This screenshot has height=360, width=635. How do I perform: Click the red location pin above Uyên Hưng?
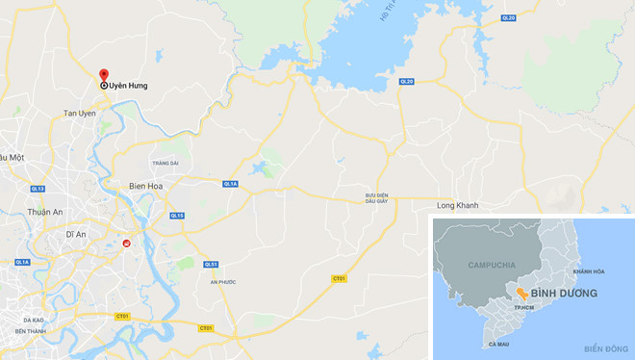pos(104,74)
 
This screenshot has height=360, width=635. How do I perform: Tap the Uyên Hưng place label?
pos(127,86)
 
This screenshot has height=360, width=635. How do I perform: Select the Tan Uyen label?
pos(79,114)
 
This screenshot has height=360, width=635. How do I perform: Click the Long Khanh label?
pos(457,205)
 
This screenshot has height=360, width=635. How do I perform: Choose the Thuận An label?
pos(45,212)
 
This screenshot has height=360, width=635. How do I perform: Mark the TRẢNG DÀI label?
pos(165,164)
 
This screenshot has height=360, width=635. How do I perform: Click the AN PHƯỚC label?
pos(224,281)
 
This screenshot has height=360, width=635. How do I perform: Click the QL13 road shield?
pos(38,189)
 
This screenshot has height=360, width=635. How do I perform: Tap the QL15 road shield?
pos(177,216)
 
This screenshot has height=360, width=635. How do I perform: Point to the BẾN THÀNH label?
pos(31,330)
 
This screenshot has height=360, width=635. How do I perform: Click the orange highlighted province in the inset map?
pos(520,292)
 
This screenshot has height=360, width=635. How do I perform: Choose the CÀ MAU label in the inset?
pos(499,344)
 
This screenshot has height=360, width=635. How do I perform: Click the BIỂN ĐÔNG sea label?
pos(602,347)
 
